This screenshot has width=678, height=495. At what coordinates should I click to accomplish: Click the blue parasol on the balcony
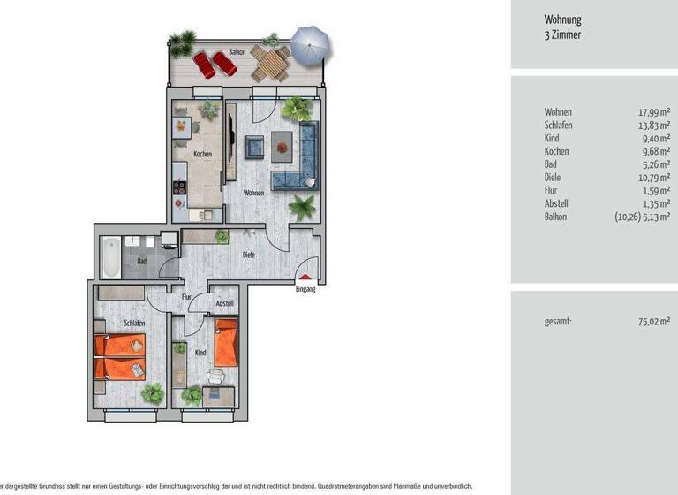[x=309, y=44]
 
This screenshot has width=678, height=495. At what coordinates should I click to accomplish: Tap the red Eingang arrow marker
[x=305, y=278]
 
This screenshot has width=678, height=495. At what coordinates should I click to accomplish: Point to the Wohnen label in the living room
[x=254, y=192]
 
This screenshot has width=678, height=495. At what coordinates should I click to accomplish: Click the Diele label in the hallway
[x=251, y=255]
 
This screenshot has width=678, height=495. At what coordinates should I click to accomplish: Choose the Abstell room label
[x=224, y=303]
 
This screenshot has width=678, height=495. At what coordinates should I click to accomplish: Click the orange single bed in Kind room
[x=226, y=343]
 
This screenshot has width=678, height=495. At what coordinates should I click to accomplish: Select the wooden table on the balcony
[x=270, y=63]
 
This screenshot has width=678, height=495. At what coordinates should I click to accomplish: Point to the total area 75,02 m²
[x=654, y=322]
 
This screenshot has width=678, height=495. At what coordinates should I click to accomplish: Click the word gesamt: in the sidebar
[x=558, y=322]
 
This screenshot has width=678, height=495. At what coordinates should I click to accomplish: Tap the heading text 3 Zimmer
[x=563, y=36]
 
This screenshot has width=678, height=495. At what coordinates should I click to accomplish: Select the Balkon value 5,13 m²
[x=656, y=216]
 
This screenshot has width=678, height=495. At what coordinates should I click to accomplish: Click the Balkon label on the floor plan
[x=237, y=51]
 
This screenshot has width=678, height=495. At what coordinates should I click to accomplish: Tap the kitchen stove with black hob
[x=180, y=187]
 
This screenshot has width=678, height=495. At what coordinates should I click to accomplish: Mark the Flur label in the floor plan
[x=186, y=297]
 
